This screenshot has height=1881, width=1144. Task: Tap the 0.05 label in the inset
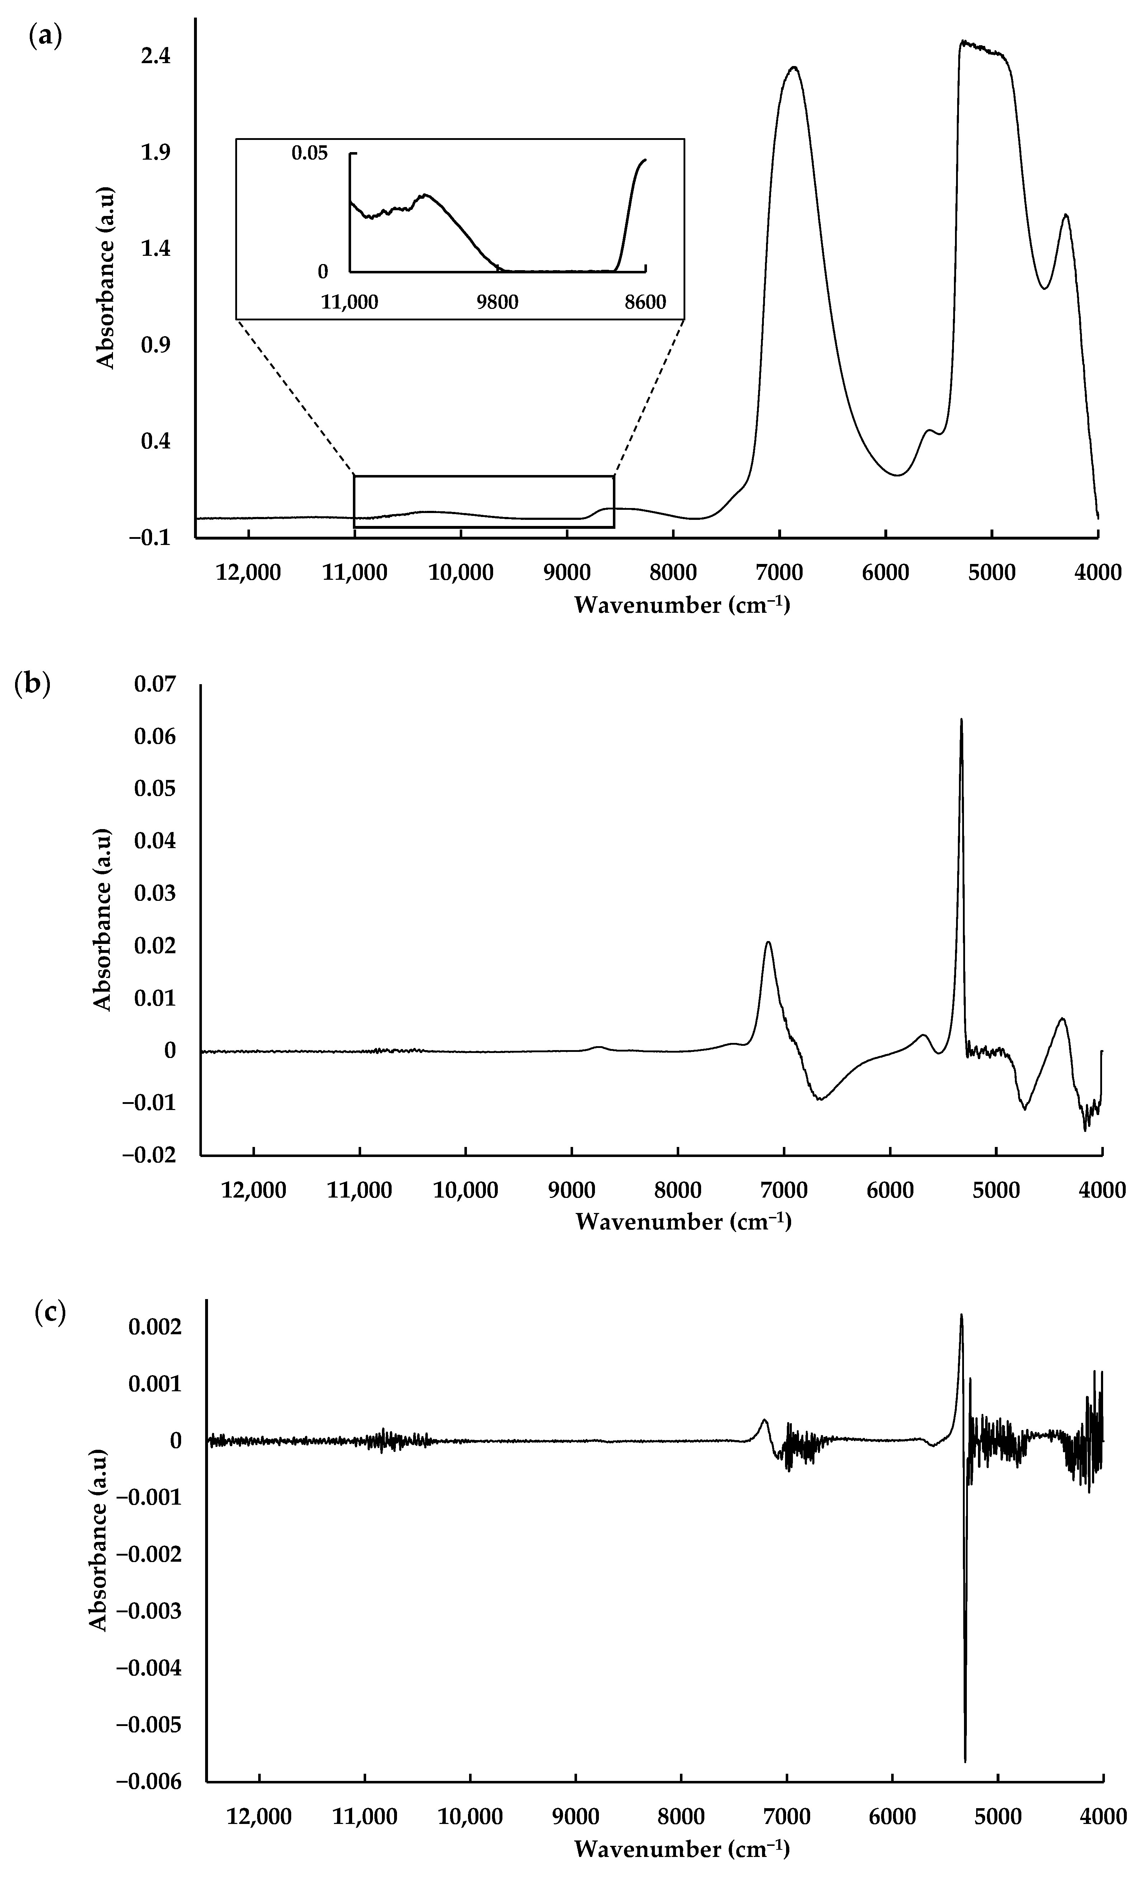tap(309, 153)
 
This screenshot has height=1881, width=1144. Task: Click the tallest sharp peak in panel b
tap(961, 720)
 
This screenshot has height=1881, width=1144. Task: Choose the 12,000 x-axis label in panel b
tap(254, 1189)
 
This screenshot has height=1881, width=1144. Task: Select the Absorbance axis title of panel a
tap(105, 276)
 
